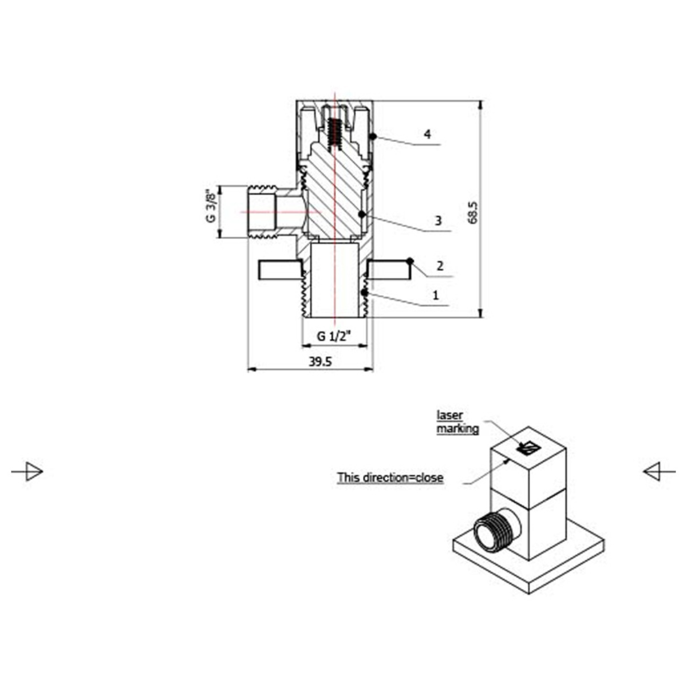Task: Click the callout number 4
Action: pyautogui.click(x=427, y=135)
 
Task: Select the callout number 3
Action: pyautogui.click(x=438, y=221)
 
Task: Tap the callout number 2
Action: pyautogui.click(x=440, y=266)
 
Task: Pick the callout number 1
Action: pyautogui.click(x=435, y=295)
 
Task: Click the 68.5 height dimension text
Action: pyautogui.click(x=473, y=213)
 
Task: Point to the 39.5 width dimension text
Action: pyautogui.click(x=320, y=362)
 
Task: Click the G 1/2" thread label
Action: pyautogui.click(x=334, y=336)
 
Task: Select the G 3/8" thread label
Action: pyautogui.click(x=211, y=207)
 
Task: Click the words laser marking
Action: pyautogui.click(x=458, y=422)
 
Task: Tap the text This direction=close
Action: pyautogui.click(x=390, y=477)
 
